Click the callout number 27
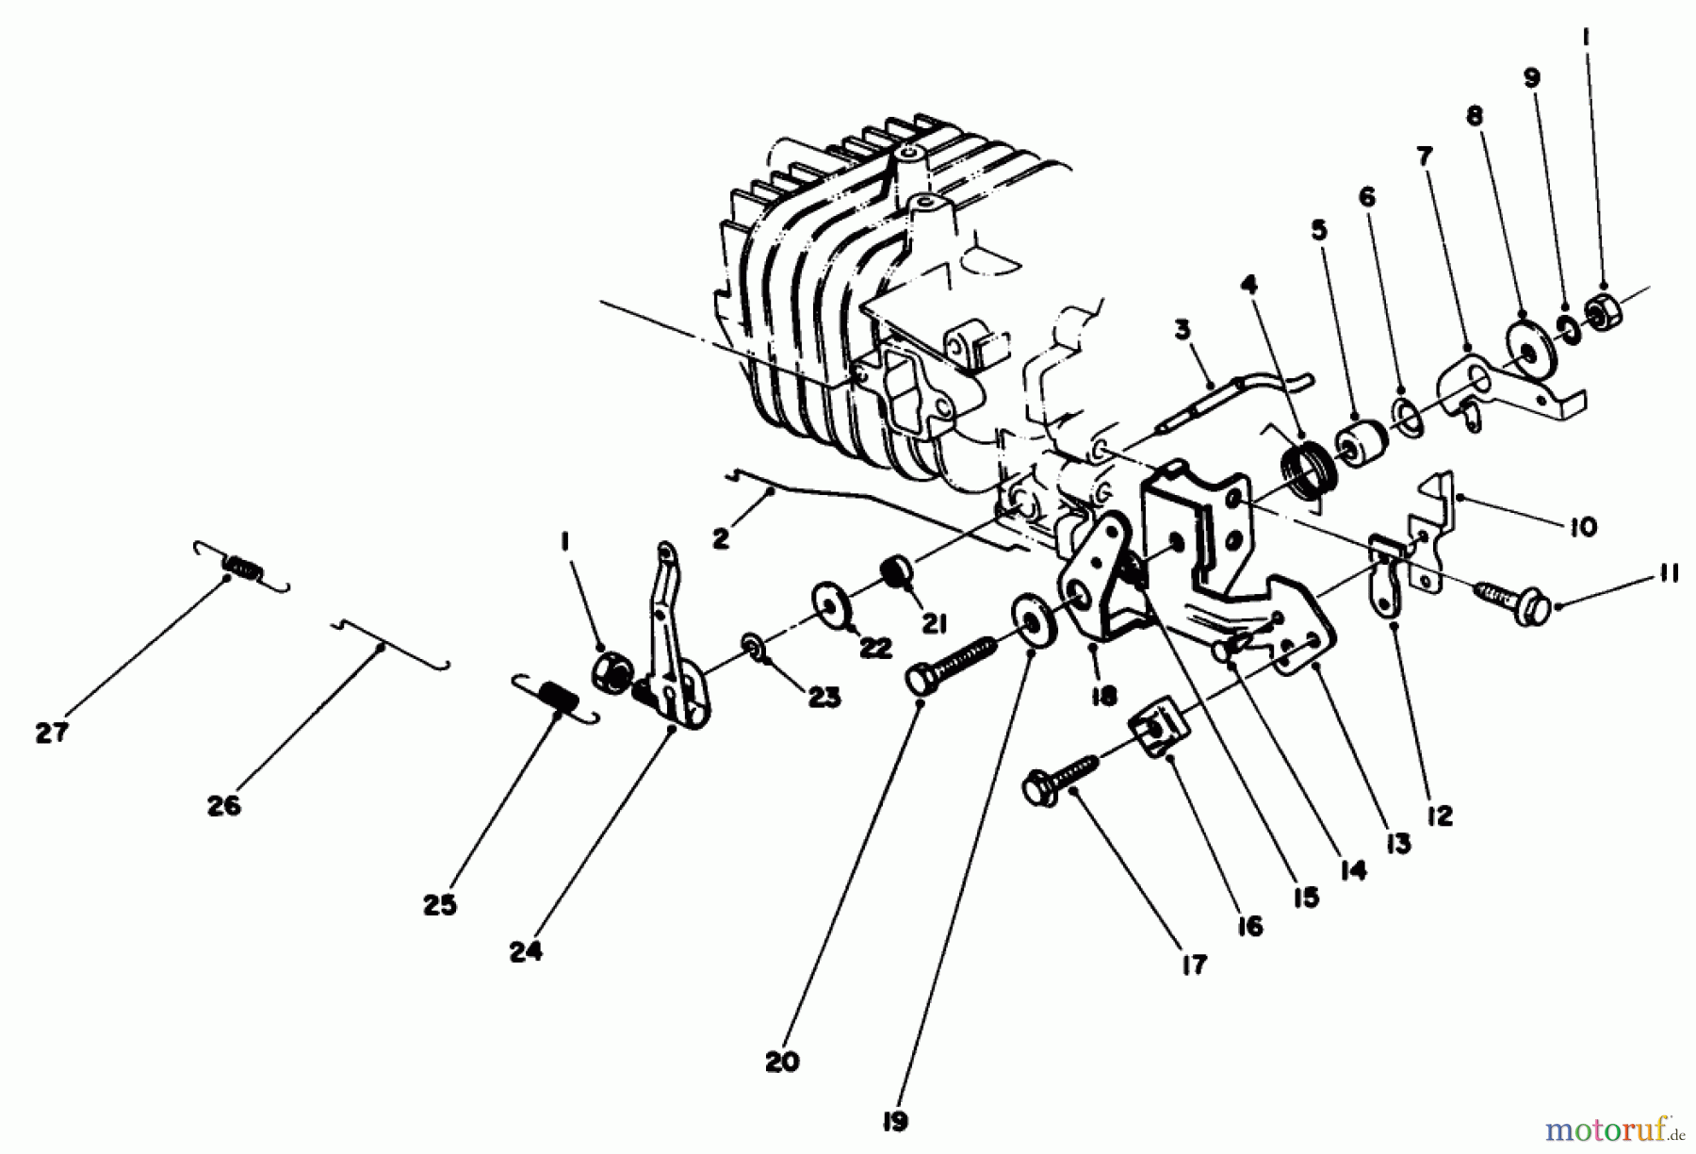pyautogui.click(x=52, y=733)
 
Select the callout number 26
pyautogui.click(x=224, y=805)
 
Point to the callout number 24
pyautogui.click(x=526, y=953)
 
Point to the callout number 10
pyautogui.click(x=1585, y=527)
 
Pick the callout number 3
pyautogui.click(x=1182, y=330)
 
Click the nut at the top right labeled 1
pyautogui.click(x=1600, y=306)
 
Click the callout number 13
pyautogui.click(x=1398, y=845)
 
